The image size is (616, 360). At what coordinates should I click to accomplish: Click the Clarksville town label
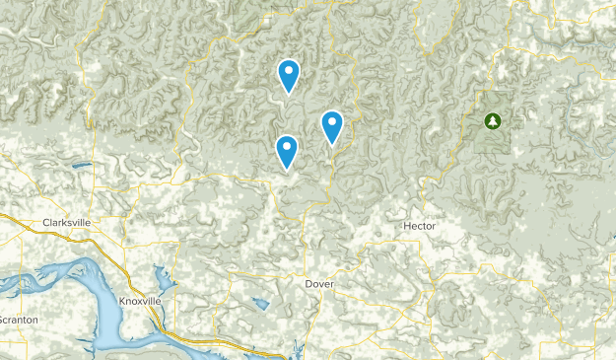coord(66,223)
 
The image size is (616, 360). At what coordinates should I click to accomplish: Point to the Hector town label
coord(419,227)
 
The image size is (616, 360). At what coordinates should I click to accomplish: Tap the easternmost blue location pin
coord(332,126)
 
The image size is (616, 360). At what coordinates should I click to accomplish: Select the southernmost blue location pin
coord(287,151)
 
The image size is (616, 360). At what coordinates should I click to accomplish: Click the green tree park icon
coord(492,121)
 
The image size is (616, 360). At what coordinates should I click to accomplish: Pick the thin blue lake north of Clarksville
coord(81,165)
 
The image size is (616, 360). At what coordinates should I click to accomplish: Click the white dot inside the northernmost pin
coord(288,69)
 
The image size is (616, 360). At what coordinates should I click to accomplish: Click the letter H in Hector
coord(406,227)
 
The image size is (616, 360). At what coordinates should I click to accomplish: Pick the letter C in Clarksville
coord(45,223)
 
